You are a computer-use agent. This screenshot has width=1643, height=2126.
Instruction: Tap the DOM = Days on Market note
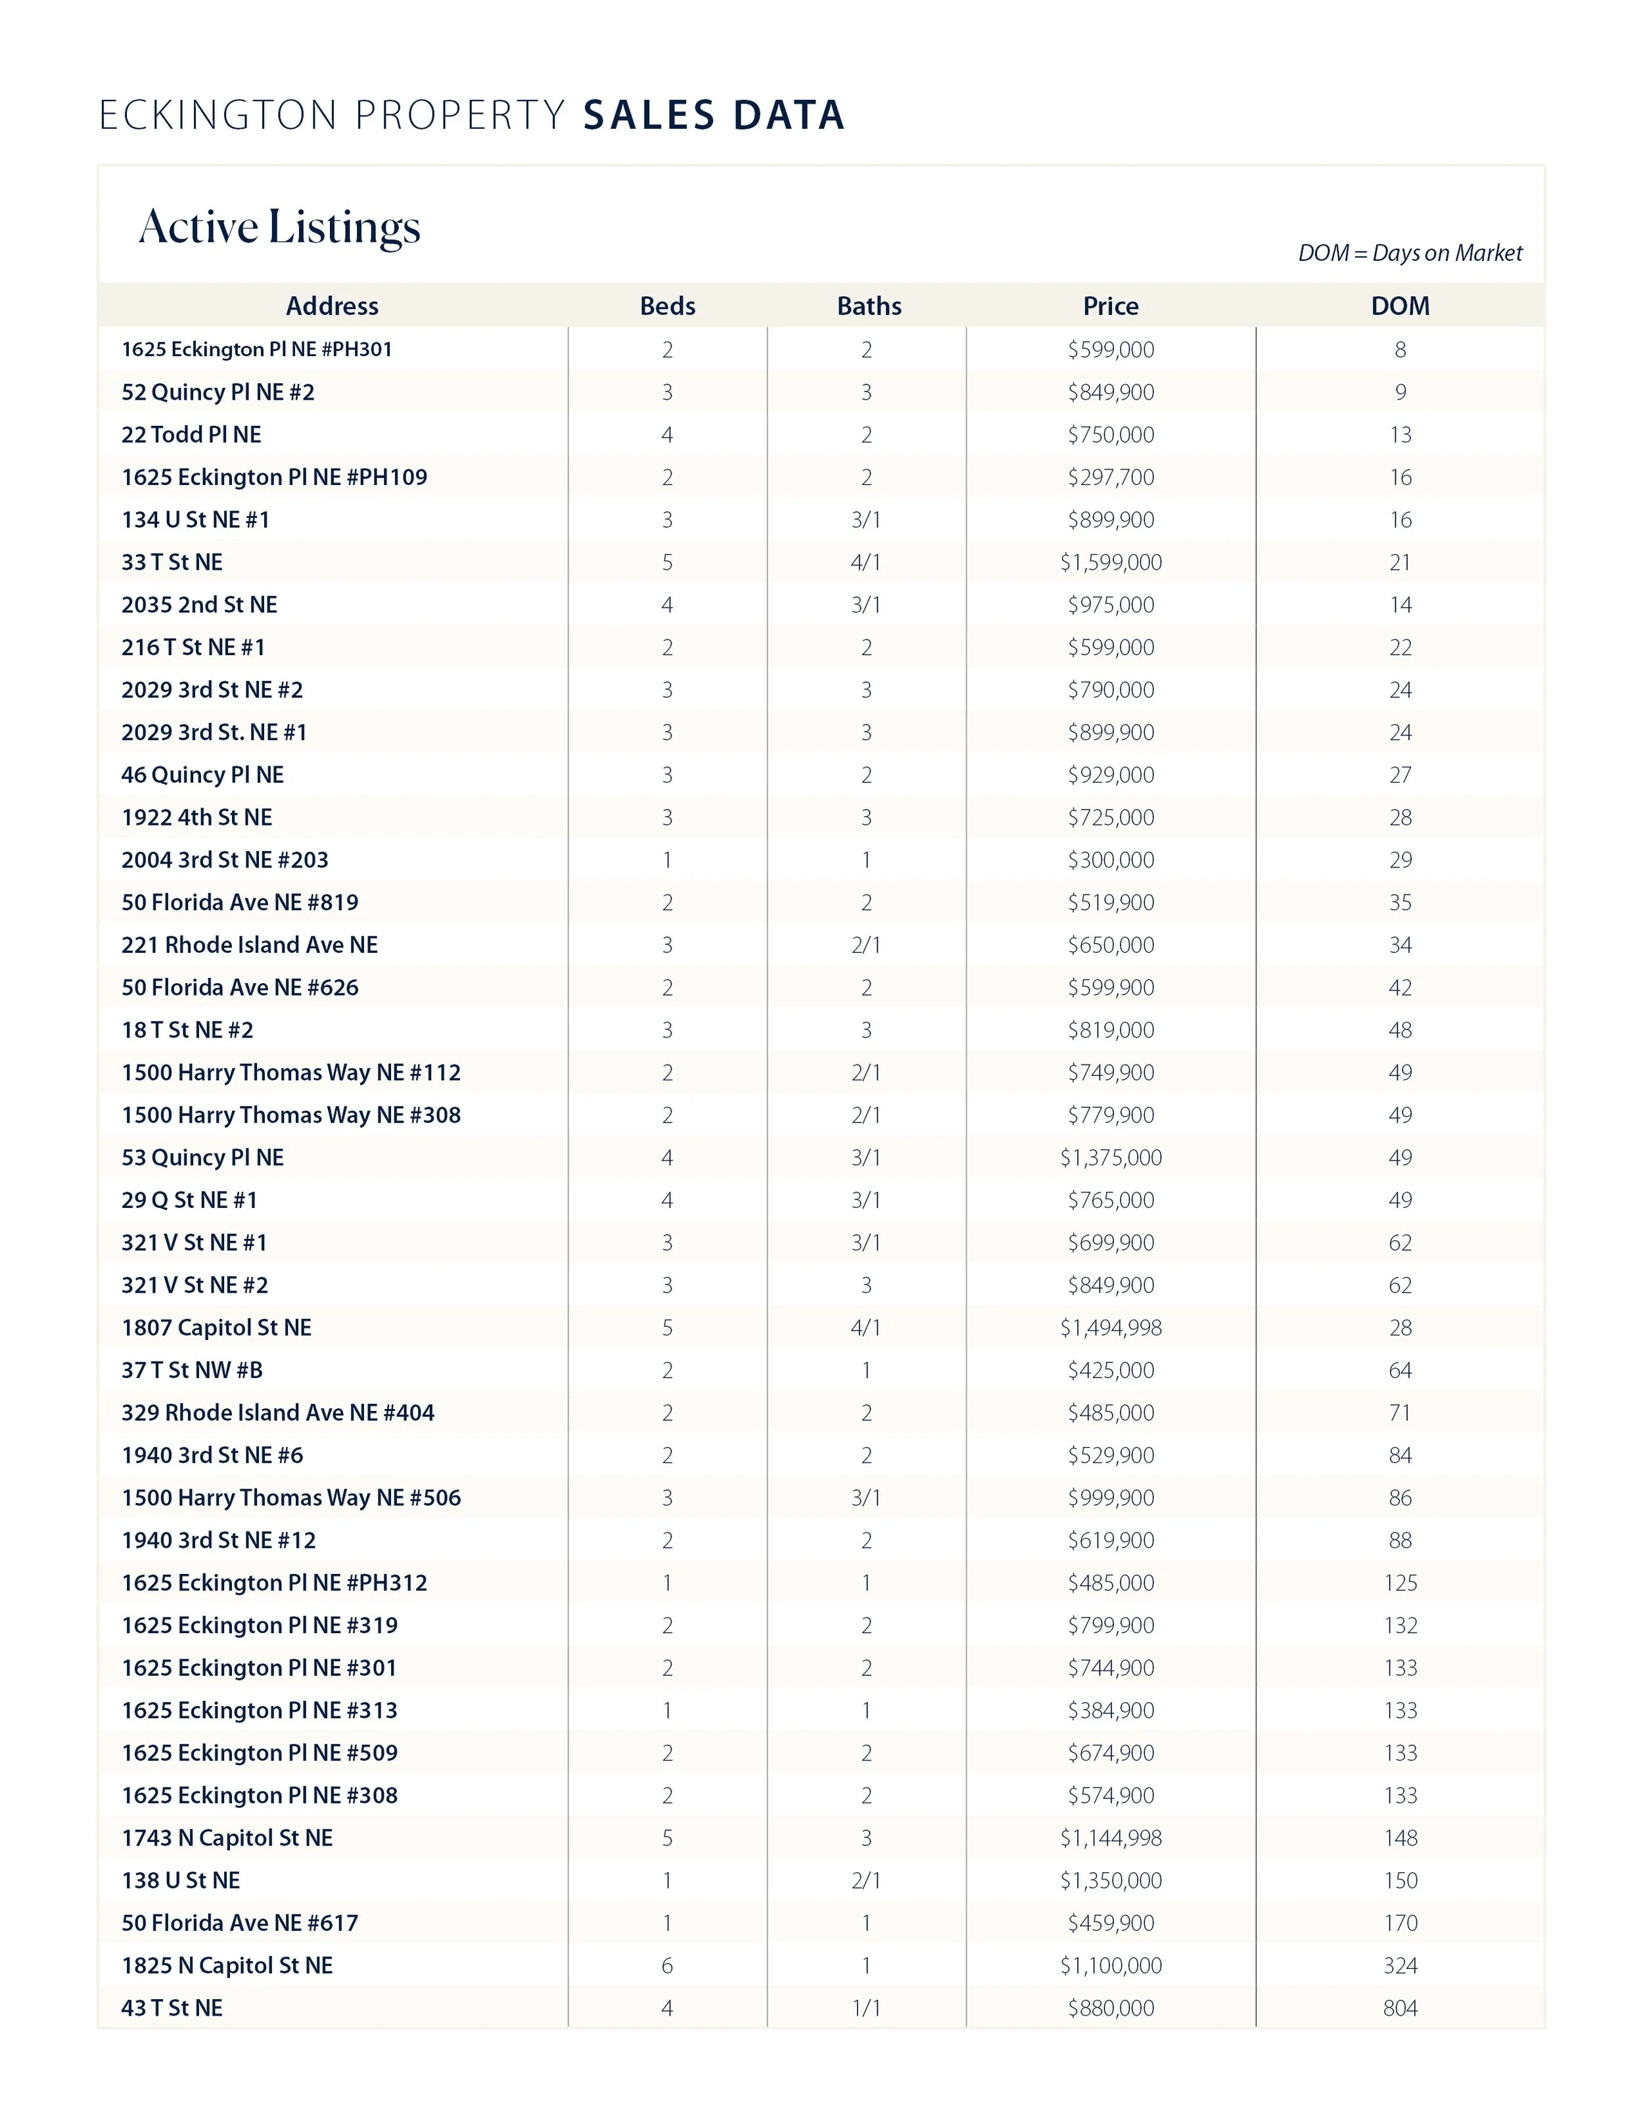(1410, 253)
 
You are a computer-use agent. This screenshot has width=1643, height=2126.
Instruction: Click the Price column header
(1111, 306)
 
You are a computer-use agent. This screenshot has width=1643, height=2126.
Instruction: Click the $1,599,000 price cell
(1111, 562)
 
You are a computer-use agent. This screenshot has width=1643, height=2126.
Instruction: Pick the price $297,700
(1111, 477)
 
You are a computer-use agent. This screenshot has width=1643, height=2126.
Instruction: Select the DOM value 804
(1400, 2007)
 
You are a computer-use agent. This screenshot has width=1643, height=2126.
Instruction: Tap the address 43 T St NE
(172, 2007)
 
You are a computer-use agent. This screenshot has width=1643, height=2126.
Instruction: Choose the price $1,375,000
(1111, 1157)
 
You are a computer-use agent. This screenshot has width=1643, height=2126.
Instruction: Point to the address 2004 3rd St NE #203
(225, 860)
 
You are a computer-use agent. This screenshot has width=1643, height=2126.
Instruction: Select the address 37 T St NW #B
(192, 1370)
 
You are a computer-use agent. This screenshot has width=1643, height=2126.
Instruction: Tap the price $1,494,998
(1111, 1327)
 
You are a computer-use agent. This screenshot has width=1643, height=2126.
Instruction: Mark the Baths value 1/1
(866, 2007)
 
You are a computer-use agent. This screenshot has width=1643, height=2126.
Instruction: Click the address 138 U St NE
(180, 1880)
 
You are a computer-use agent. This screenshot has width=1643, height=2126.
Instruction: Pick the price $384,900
(1111, 1709)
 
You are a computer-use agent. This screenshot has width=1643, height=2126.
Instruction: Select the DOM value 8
(1400, 350)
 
